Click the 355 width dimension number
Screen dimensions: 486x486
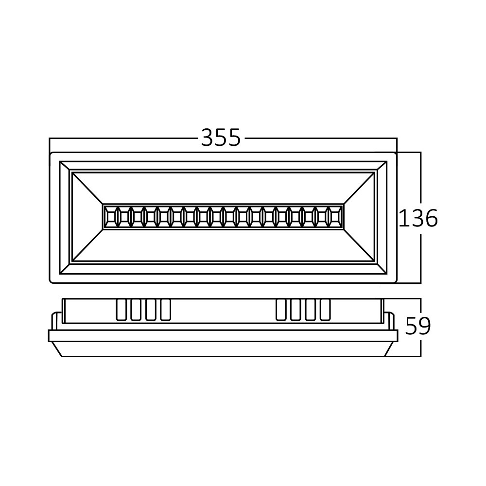pyautogui.click(x=221, y=138)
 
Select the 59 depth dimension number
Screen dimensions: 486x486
pyautogui.click(x=418, y=327)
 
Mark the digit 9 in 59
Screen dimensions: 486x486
pyautogui.click(x=424, y=327)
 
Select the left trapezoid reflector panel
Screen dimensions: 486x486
pyautogui.click(x=87, y=216)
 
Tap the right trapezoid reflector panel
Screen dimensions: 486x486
pyautogui.click(x=360, y=216)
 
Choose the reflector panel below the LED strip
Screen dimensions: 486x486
pyautogui.click(x=224, y=245)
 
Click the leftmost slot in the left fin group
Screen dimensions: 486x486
pyautogui.click(x=121, y=310)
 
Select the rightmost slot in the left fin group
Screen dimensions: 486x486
pyautogui.click(x=165, y=310)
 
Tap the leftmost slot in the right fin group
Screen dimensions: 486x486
pyautogui.click(x=281, y=310)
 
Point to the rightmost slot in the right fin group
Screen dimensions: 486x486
pyautogui.click(x=325, y=310)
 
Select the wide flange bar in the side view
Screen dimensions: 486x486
pyautogui.click(x=223, y=335)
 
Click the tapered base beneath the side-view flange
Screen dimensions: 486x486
pyautogui.click(x=223, y=349)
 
